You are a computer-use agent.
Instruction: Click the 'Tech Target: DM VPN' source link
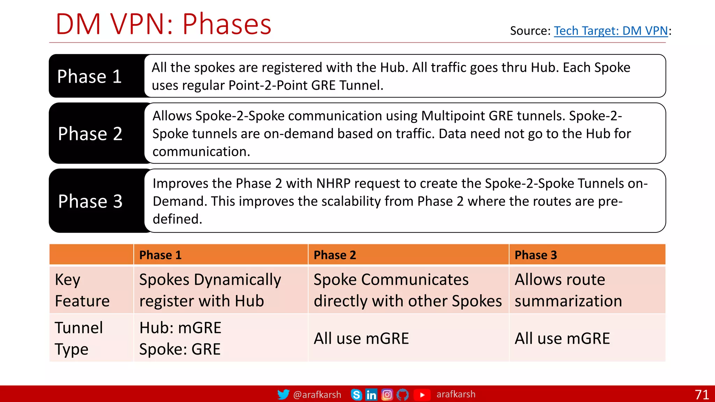coord(611,31)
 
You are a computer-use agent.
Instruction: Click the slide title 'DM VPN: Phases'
coord(163,24)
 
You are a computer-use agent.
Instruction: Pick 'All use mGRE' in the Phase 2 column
coord(361,338)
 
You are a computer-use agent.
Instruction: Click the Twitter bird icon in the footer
coord(283,394)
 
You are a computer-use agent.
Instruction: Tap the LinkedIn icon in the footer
coord(371,395)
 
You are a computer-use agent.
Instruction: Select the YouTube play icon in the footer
coord(422,395)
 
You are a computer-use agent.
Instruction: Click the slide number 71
coord(702,395)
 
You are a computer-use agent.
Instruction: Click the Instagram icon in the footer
coord(387,395)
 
